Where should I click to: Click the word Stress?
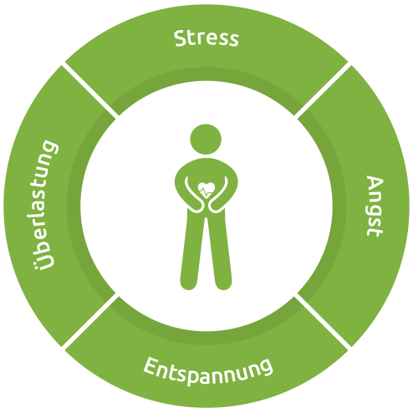pyautogui.click(x=206, y=38)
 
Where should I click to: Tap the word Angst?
pyautogui.click(x=375, y=206)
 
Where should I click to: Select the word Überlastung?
pyautogui.click(x=45, y=205)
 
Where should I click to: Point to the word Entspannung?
pyautogui.click(x=207, y=371)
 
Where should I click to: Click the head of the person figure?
pyautogui.click(x=206, y=140)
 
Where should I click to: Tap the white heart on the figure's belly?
pyautogui.click(x=206, y=190)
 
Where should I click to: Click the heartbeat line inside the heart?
pyautogui.click(x=206, y=192)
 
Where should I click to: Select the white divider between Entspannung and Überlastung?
pyautogui.click(x=90, y=321)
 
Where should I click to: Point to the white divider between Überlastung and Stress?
pyautogui.click(x=90, y=89)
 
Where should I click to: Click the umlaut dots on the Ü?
pyautogui.click(x=37, y=260)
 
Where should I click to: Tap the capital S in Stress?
pyautogui.click(x=181, y=38)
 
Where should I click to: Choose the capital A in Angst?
pyautogui.click(x=375, y=183)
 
